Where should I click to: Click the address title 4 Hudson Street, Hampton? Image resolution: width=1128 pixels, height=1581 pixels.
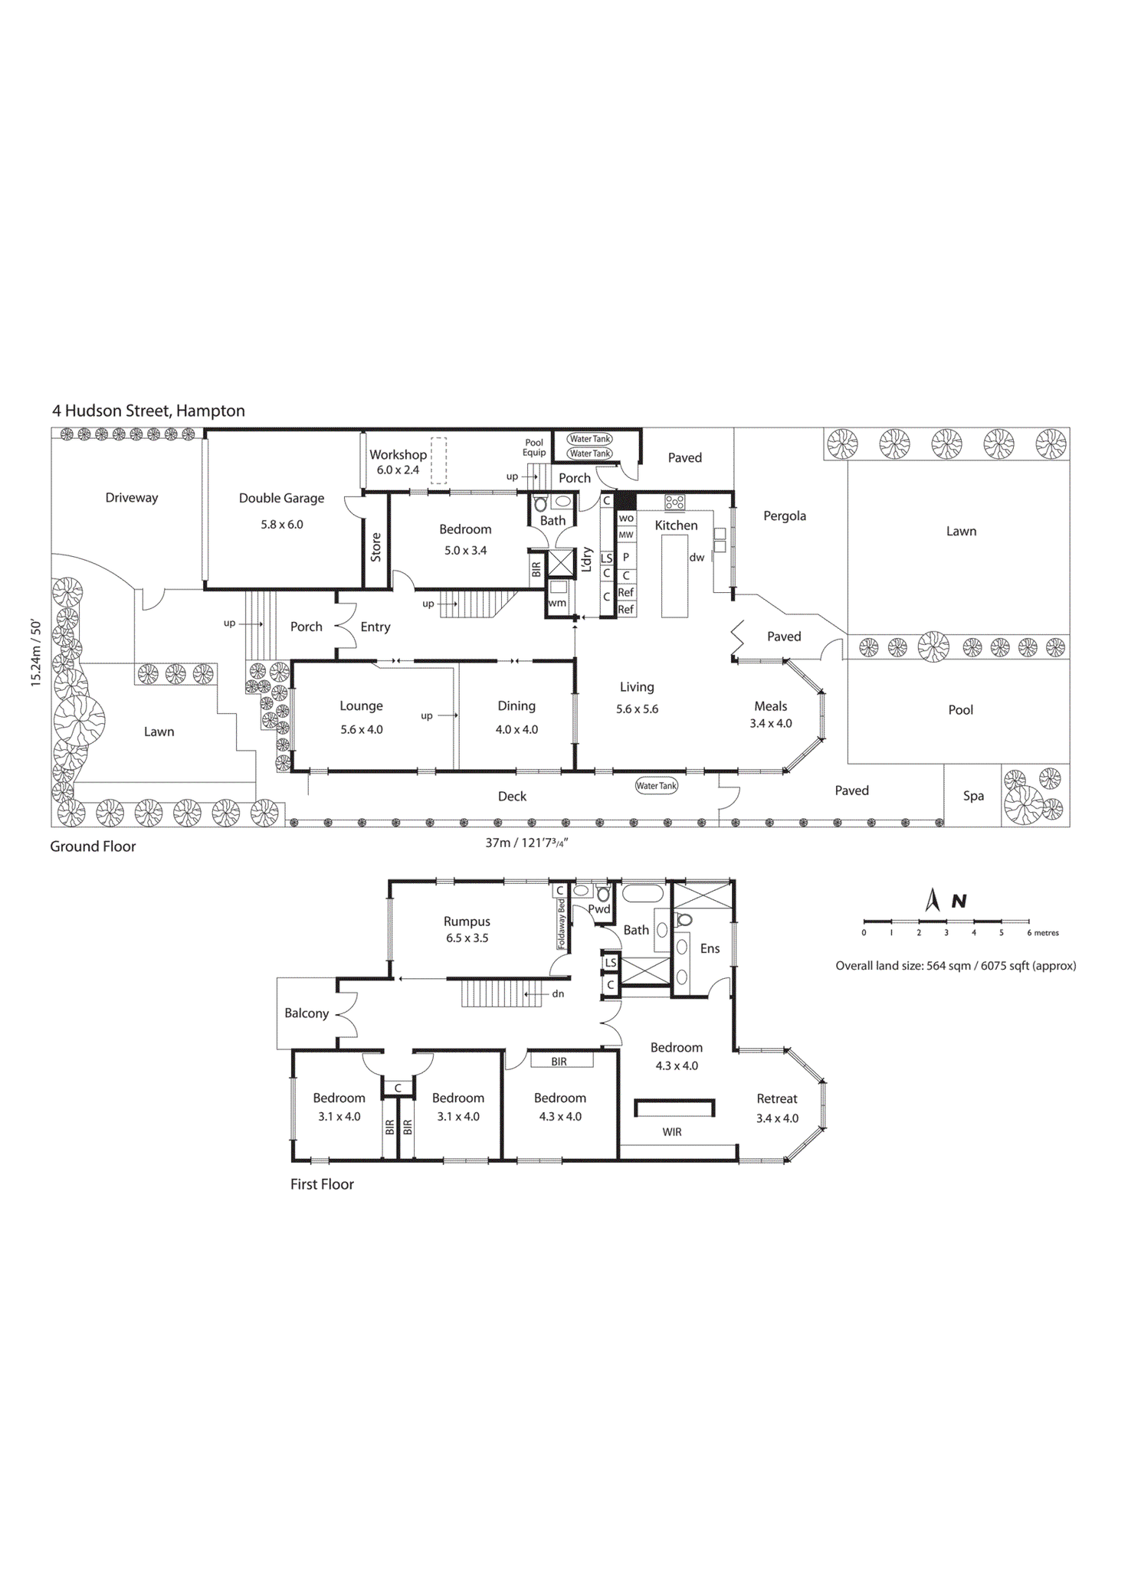[x=149, y=411]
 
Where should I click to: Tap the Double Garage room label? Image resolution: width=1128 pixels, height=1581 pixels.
[x=281, y=498]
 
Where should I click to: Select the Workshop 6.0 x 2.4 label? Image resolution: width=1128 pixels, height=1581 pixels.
[x=398, y=462]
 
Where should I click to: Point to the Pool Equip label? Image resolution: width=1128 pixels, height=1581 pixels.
[x=534, y=447]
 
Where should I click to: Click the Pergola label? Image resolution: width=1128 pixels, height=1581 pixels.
[x=784, y=516]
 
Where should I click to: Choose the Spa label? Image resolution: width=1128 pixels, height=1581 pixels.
[x=973, y=796]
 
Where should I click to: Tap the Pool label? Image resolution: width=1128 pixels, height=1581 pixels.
[x=960, y=710]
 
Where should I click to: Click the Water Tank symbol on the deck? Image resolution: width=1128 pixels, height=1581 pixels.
[x=657, y=786]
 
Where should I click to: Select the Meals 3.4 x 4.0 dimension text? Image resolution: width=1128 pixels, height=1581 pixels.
[x=771, y=723]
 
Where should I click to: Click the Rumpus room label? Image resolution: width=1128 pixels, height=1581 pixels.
[x=467, y=921]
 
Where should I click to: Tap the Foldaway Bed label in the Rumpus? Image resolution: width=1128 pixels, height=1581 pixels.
[x=562, y=924]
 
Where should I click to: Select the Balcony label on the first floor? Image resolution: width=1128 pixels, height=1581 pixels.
[x=307, y=1013]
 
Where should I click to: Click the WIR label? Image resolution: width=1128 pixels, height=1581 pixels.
[x=672, y=1132]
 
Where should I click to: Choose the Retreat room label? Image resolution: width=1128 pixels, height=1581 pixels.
[x=777, y=1098]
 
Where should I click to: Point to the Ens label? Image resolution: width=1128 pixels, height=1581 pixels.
[x=710, y=948]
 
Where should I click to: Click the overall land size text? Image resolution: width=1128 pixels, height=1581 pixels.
[x=956, y=966]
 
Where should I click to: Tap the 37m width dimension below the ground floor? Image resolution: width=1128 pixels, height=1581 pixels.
[x=526, y=843]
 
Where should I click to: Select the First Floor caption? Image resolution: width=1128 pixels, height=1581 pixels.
[x=322, y=1184]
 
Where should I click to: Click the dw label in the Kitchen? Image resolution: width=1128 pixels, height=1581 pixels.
[x=697, y=558]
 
